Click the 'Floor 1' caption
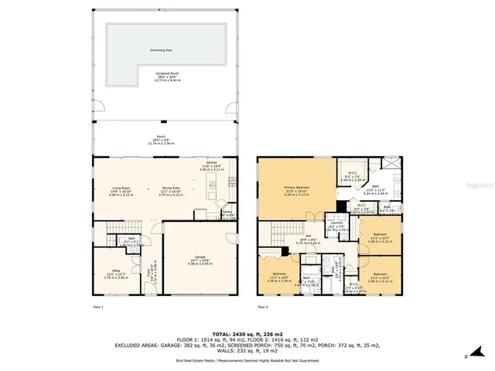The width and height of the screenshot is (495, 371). (x=97, y=308)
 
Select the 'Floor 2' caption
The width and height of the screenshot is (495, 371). (x=263, y=308)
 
